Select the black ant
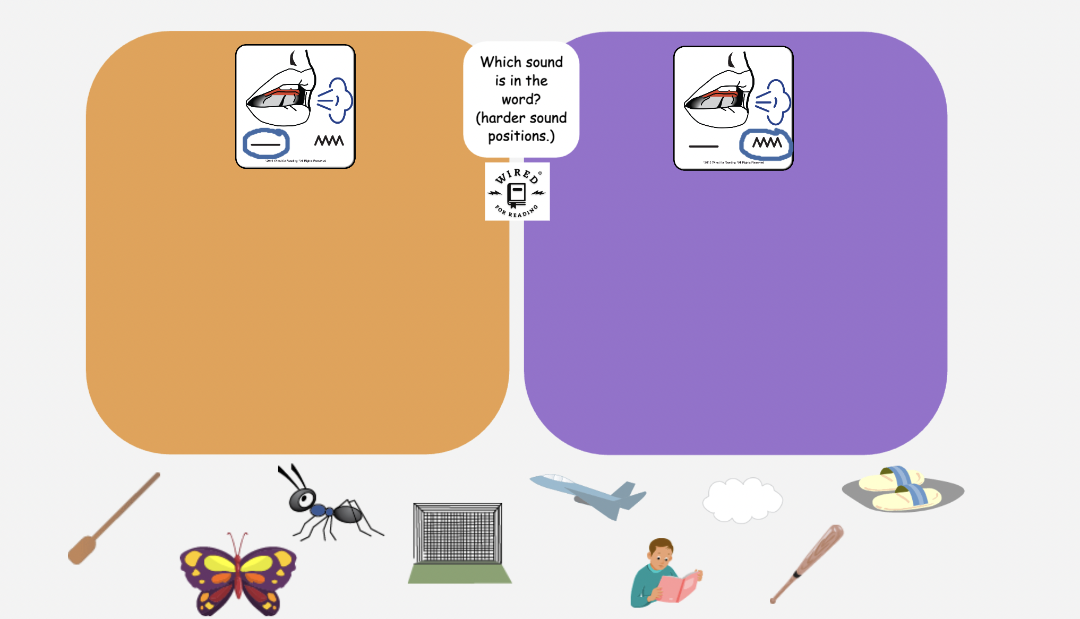pyautogui.click(x=329, y=510)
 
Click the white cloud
pyautogui.click(x=742, y=500)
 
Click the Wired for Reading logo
pyautogui.click(x=517, y=192)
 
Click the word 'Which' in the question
pyautogui.click(x=497, y=62)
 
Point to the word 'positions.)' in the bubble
pyautogui.click(x=521, y=136)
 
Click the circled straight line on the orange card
pyautogui.click(x=266, y=144)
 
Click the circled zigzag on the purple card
pyautogui.click(x=766, y=143)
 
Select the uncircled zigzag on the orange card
pyautogui.click(x=329, y=141)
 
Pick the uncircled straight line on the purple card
pyautogui.click(x=704, y=146)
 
